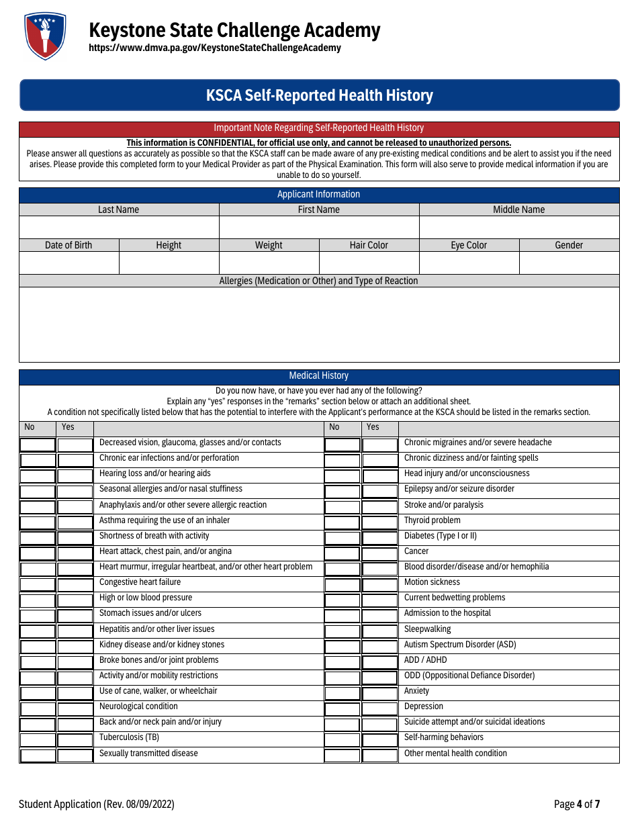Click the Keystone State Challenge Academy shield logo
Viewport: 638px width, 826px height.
[x=45, y=36]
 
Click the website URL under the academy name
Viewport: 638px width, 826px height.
[x=215, y=48]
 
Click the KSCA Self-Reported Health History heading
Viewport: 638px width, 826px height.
[x=319, y=95]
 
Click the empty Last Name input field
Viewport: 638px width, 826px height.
[x=119, y=227]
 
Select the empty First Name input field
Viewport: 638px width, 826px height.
[x=319, y=227]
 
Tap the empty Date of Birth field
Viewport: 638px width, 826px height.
[x=69, y=263]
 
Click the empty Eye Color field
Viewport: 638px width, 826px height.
[x=469, y=263]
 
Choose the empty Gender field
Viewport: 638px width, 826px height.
[x=569, y=263]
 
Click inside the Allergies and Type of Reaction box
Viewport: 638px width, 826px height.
[x=319, y=324]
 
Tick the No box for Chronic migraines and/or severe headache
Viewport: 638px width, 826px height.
[x=343, y=445]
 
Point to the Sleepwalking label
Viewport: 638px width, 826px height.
[x=427, y=629]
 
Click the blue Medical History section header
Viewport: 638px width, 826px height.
[x=319, y=376]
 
